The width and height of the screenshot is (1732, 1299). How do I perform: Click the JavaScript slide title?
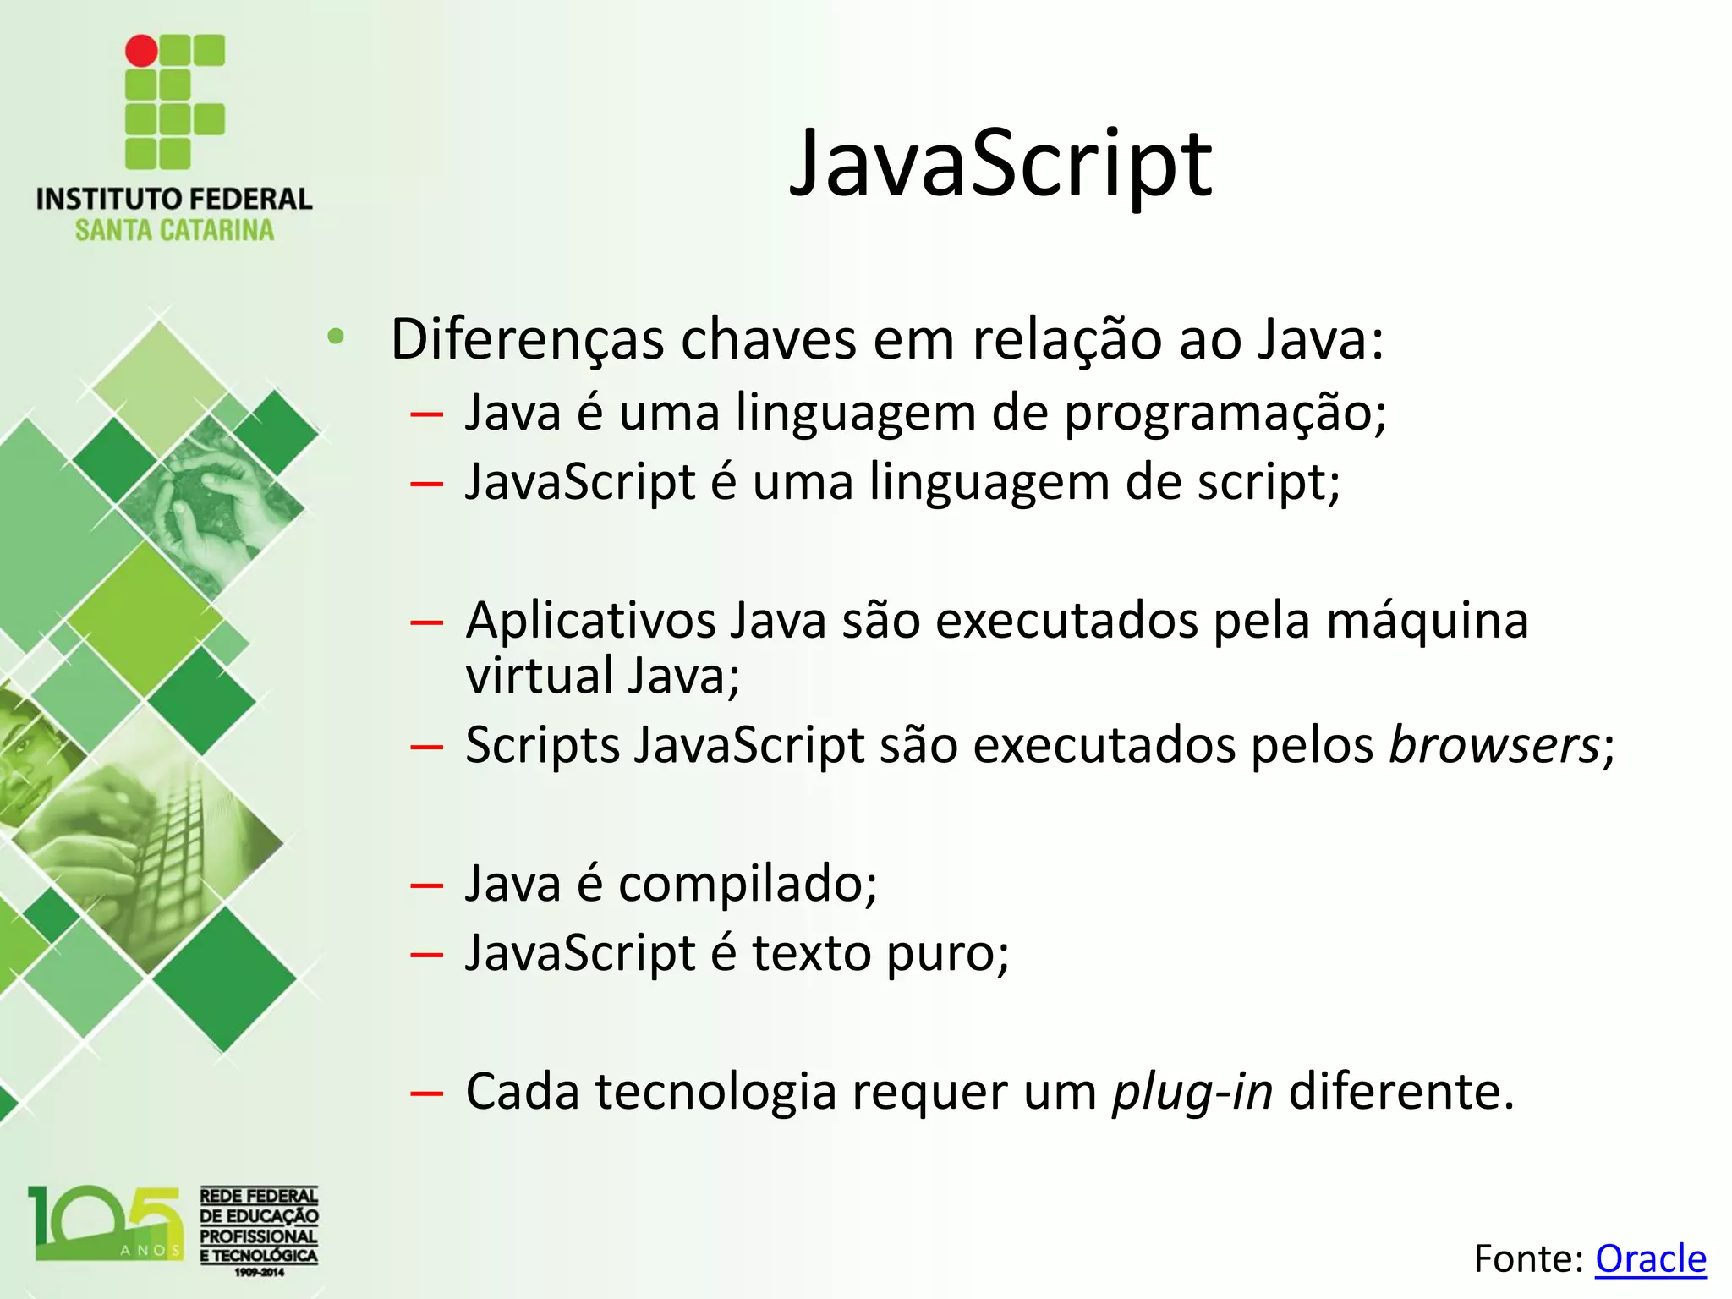click(x=1000, y=164)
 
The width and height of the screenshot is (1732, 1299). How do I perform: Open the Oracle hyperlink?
click(x=1650, y=1258)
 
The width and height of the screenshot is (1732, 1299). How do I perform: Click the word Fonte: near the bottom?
click(x=1527, y=1258)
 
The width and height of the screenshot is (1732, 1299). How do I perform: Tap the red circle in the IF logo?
click(x=141, y=51)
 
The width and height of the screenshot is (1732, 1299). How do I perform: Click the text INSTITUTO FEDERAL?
click(x=174, y=200)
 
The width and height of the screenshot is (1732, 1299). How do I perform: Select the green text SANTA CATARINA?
click(x=174, y=230)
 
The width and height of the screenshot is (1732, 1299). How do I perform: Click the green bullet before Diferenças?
click(x=336, y=337)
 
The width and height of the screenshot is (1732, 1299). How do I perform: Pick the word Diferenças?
click(x=528, y=340)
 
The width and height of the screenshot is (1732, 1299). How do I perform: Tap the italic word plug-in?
click(x=1192, y=1092)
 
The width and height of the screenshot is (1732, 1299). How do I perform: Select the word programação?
click(x=1225, y=414)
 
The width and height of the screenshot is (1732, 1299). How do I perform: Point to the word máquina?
click(x=1427, y=620)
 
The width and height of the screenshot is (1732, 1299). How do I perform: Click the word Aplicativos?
click(x=591, y=620)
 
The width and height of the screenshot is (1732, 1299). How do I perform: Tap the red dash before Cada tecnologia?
click(x=426, y=1093)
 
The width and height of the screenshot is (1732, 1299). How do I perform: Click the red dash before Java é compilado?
click(x=426, y=885)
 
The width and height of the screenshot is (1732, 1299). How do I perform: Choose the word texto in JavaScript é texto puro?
click(x=811, y=953)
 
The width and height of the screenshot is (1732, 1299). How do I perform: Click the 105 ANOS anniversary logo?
click(x=107, y=1225)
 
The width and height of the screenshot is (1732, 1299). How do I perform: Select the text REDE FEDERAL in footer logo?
click(x=259, y=1196)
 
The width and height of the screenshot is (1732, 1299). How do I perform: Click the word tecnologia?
click(x=715, y=1092)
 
